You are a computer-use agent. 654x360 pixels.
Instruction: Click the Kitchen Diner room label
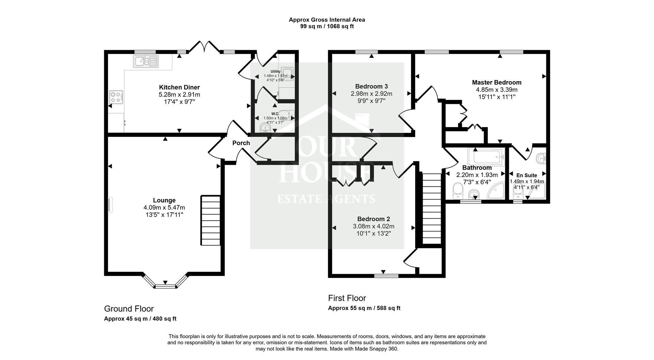point(179,87)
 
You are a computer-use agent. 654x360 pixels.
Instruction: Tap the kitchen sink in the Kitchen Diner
point(146,61)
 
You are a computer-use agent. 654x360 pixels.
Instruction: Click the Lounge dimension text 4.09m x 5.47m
point(164,207)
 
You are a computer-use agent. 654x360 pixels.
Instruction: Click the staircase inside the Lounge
point(211,220)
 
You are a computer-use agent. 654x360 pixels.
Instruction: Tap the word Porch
point(241,143)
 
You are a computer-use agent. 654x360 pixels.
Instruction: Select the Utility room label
point(275,72)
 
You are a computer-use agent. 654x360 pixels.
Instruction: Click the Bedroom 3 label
point(371,87)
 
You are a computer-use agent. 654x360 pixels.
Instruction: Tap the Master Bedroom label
point(496,82)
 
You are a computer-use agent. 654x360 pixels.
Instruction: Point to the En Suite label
point(527,175)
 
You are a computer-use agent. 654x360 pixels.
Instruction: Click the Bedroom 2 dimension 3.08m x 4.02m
point(373,226)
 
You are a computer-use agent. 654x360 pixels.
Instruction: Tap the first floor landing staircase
point(432,208)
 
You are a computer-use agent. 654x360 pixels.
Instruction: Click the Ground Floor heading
point(129,309)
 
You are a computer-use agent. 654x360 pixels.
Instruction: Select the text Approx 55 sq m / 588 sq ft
point(364,308)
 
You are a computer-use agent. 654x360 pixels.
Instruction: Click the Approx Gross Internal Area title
point(327,20)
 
